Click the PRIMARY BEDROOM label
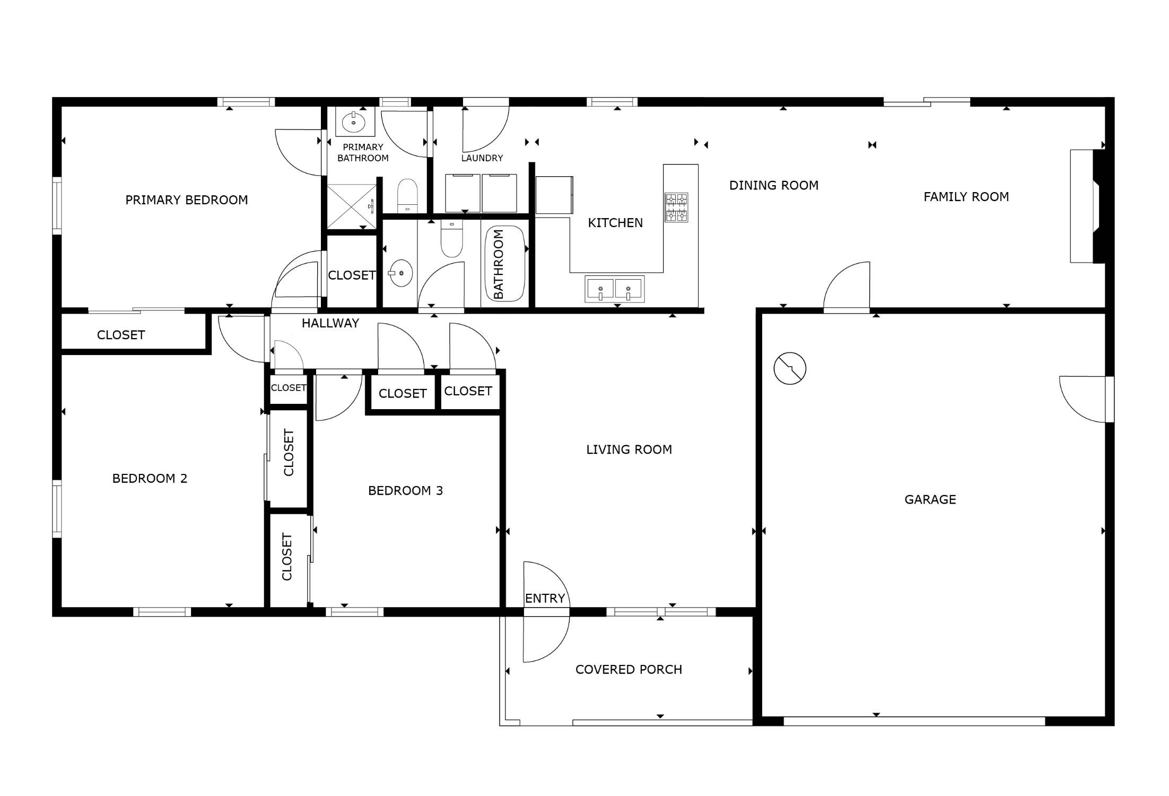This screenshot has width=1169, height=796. point(187,200)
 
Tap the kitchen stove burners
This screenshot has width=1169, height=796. point(677,207)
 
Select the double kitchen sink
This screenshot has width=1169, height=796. point(615,289)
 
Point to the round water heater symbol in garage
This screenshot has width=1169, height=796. point(790,368)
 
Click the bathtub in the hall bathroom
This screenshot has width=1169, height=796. point(505,264)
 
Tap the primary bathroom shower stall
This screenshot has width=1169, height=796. point(352,207)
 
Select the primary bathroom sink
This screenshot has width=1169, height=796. point(354,123)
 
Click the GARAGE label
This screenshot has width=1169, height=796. point(930,499)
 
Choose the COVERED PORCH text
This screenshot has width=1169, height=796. point(629,670)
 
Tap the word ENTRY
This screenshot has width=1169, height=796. point(545,599)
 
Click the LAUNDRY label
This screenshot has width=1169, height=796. point(482,158)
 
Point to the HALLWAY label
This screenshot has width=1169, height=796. point(330,323)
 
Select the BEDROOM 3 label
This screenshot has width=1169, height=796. point(405,491)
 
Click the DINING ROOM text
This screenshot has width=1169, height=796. point(774,185)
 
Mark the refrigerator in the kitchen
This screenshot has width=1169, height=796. point(554,195)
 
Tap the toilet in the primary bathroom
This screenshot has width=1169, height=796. point(407,195)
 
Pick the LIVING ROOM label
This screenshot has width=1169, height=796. point(629,449)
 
